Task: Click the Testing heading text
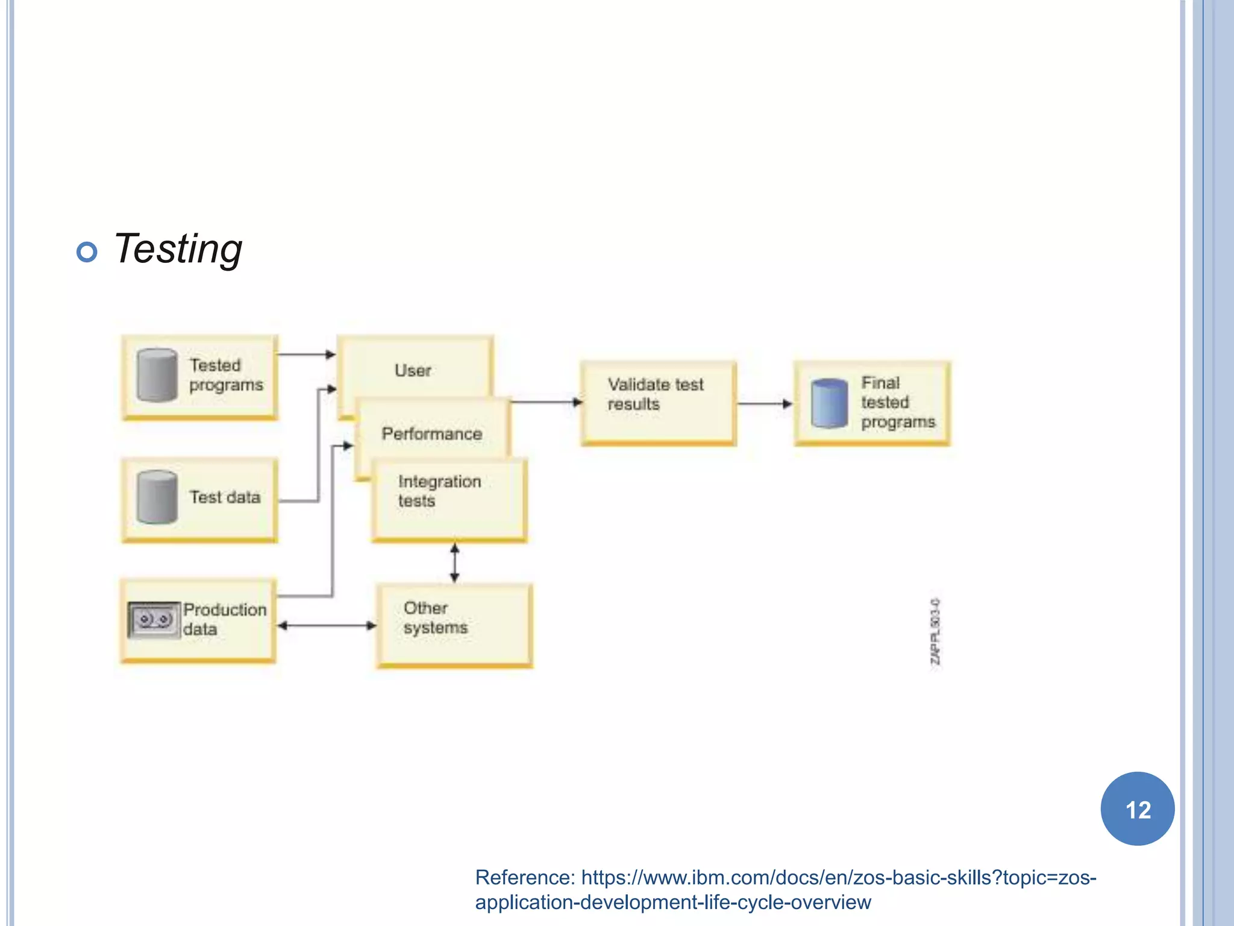178,249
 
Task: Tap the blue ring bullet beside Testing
87,252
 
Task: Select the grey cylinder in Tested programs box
157,375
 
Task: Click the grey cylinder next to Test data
157,497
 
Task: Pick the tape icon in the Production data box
154,619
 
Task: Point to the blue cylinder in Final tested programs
829,403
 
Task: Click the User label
413,370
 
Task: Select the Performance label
431,433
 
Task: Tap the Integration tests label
439,491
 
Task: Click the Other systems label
435,617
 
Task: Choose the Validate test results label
655,394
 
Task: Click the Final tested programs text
897,402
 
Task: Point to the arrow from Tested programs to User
306,354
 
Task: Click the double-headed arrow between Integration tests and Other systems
455,562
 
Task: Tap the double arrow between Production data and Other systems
327,626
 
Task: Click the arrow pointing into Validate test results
546,402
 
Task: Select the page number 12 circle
1137,809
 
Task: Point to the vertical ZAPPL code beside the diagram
935,631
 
